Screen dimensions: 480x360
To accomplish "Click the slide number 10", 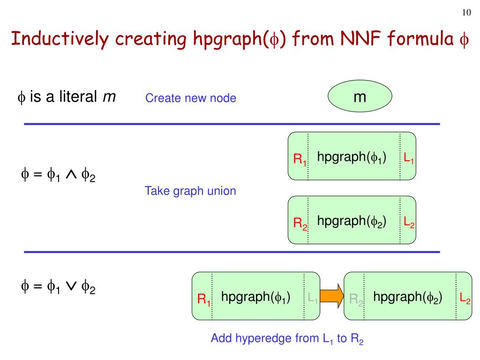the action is click(x=466, y=13).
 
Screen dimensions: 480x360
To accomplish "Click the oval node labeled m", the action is click(x=360, y=98).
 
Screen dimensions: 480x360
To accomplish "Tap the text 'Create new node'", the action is click(x=190, y=98).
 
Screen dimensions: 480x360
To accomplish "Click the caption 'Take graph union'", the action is click(x=190, y=191).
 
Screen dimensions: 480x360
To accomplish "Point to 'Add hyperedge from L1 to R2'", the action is click(x=287, y=338).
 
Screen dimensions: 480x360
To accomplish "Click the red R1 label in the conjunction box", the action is click(x=300, y=160).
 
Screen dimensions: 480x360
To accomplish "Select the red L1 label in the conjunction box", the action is click(x=408, y=159).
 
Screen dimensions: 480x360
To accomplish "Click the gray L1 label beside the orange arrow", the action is click(x=313, y=298).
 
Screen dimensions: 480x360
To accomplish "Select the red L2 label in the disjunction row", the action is click(x=465, y=298).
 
